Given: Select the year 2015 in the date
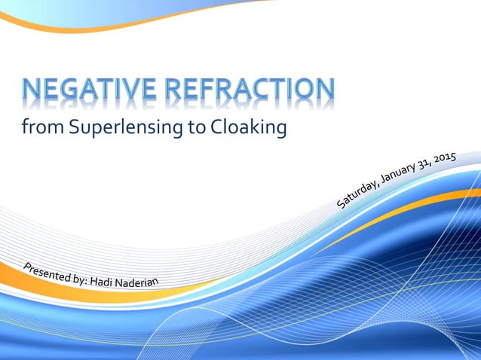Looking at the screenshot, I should [x=446, y=159].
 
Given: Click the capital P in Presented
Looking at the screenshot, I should [x=27, y=266].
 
